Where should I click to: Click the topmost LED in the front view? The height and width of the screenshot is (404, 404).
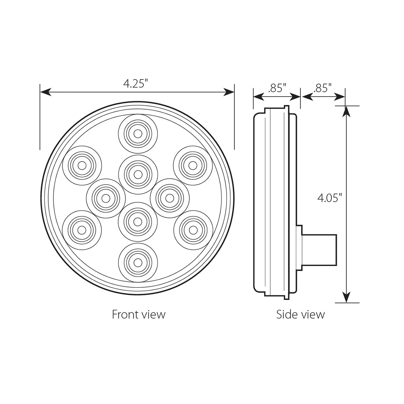(138, 134)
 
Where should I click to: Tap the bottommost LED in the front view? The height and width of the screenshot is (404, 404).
(138, 262)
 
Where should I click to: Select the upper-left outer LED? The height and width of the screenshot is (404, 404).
(82, 165)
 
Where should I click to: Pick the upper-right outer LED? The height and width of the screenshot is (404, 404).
(193, 165)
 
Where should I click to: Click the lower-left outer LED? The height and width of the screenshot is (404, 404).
(82, 230)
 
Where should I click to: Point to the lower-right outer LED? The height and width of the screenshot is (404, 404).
(193, 230)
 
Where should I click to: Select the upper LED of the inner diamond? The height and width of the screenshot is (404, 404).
(138, 174)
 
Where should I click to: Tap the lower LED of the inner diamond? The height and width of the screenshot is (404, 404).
(138, 222)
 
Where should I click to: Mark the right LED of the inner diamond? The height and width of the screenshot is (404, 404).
(170, 198)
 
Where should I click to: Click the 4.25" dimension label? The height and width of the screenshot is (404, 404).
(136, 83)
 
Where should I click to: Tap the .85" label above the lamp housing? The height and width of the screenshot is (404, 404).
(277, 88)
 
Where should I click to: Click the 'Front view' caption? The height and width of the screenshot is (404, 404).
(138, 314)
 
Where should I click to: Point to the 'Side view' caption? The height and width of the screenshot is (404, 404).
(300, 314)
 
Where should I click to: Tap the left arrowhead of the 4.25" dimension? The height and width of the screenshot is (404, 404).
(45, 92)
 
